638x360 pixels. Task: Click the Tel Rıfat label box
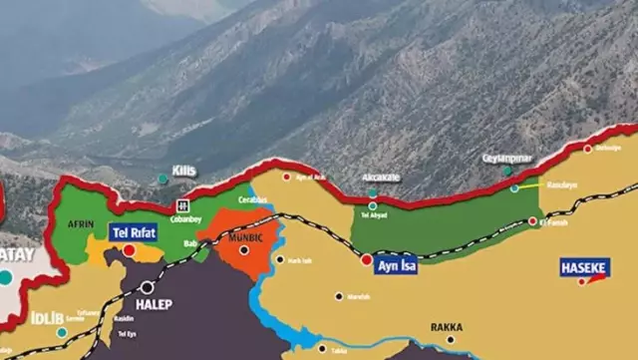tap(134, 232)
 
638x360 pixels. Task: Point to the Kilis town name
tap(184, 171)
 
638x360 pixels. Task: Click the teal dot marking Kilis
tap(162, 179)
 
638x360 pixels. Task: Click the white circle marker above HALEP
tap(148, 287)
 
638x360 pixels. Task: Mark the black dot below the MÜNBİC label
tap(244, 249)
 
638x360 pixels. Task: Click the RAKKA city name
tap(447, 327)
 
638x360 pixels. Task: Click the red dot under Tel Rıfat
tap(129, 249)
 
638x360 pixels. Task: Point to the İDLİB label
tap(47, 318)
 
